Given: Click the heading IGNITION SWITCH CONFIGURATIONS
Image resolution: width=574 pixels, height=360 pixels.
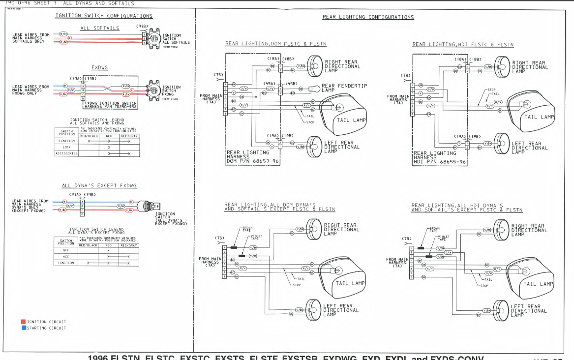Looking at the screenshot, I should tap(104, 16).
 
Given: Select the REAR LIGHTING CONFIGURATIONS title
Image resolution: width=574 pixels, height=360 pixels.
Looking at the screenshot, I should tap(368, 17).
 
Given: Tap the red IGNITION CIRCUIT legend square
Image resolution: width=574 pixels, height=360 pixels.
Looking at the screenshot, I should tap(23, 322).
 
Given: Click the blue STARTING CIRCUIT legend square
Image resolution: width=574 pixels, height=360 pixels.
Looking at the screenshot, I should tap(23, 328).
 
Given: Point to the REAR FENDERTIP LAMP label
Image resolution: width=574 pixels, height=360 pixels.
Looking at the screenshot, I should tap(344, 88).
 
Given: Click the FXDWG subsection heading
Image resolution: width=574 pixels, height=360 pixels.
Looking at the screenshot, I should tap(99, 67).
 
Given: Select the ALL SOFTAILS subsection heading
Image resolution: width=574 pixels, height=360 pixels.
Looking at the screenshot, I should tap(99, 28).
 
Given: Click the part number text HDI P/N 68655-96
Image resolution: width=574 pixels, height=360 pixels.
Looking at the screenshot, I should tap(439, 162).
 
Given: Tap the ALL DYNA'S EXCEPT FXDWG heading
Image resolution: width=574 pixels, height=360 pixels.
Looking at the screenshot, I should tap(99, 185).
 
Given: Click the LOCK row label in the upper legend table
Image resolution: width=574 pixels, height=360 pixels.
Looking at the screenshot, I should tap(66, 147).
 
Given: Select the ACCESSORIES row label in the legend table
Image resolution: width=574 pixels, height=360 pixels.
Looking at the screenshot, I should tap(66, 153).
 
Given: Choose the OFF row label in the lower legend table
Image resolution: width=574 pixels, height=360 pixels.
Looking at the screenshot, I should tap(66, 250).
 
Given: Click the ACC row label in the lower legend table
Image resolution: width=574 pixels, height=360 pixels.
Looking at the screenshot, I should tap(66, 257).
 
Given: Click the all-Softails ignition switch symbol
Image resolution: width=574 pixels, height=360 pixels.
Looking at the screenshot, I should tap(153, 38).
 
